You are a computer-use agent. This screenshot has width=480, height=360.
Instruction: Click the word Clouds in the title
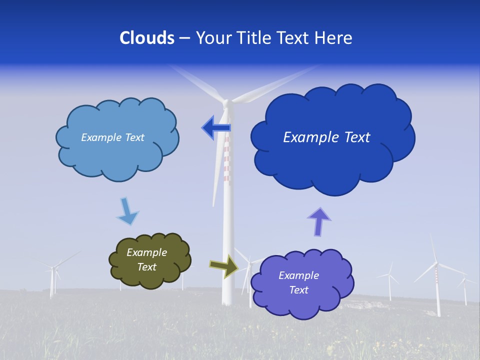(147, 38)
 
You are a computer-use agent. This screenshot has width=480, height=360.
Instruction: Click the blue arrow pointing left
(216, 128)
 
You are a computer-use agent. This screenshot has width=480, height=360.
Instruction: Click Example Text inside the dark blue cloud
(326, 137)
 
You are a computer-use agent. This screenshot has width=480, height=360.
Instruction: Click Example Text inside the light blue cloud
(112, 137)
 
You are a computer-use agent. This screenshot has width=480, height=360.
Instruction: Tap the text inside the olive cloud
(146, 260)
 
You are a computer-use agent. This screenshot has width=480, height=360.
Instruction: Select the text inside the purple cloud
(298, 282)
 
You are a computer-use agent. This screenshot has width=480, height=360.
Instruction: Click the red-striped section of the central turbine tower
(226, 160)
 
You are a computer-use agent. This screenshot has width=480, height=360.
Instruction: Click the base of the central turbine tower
(227, 299)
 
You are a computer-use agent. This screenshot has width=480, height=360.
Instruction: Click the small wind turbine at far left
(52, 280)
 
